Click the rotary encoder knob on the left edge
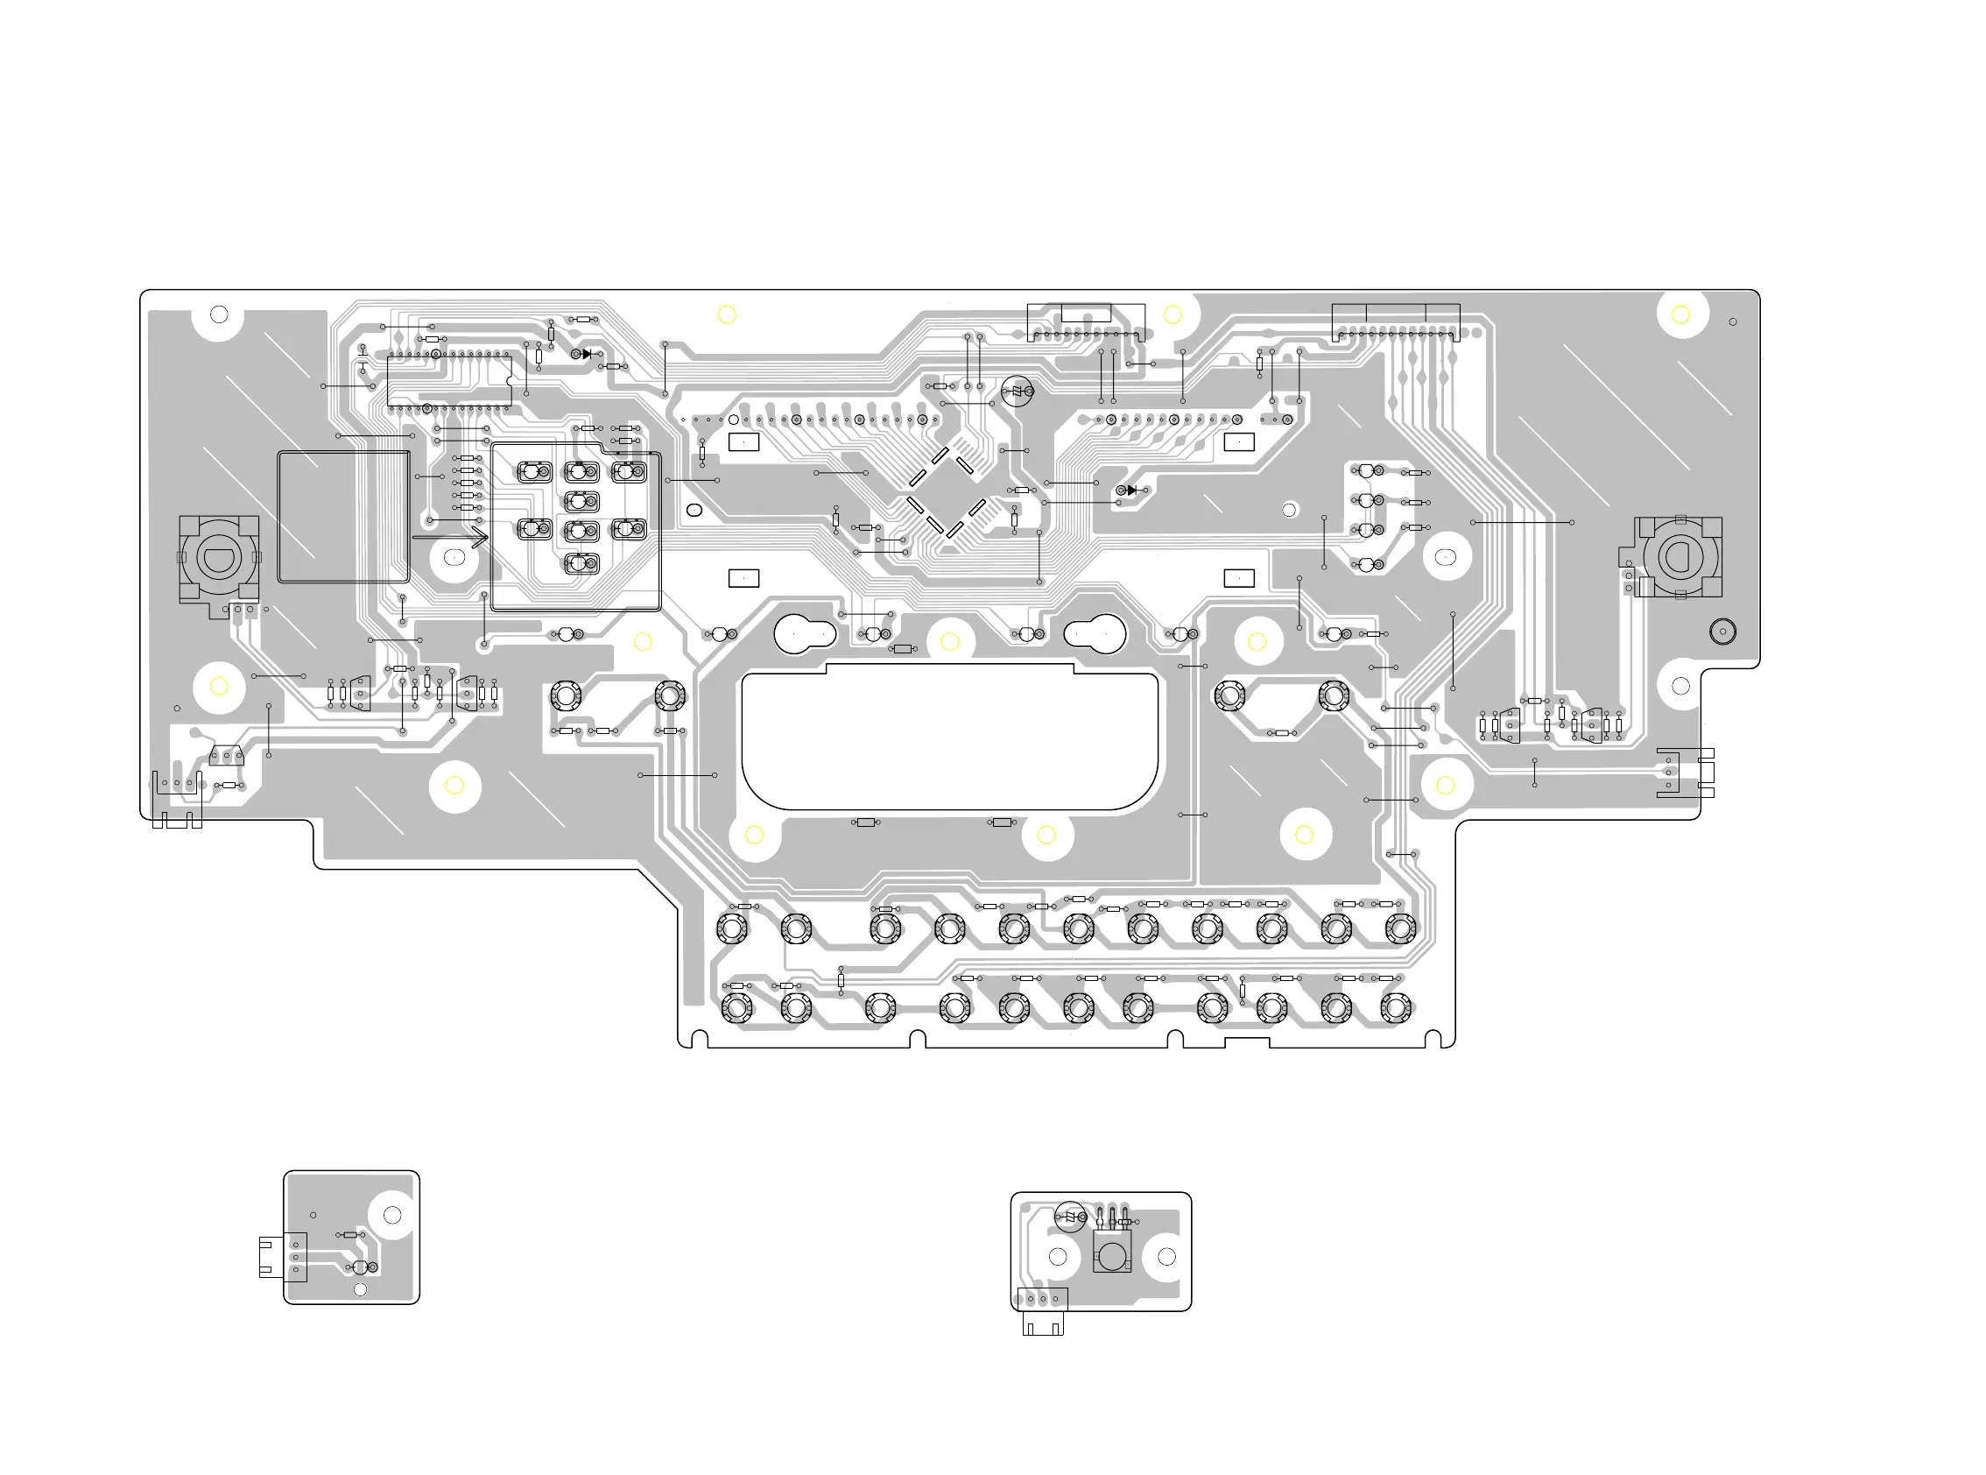click(x=219, y=559)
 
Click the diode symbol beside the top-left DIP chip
click(x=585, y=355)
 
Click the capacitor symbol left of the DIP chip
click(x=363, y=358)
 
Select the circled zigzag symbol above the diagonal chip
click(x=1017, y=391)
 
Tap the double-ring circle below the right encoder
click(x=1722, y=632)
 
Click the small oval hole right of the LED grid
click(x=694, y=510)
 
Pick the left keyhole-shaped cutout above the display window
click(x=803, y=634)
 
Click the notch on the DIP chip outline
click(x=510, y=381)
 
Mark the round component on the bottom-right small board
click(x=1111, y=1256)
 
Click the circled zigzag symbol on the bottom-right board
click(x=1070, y=1216)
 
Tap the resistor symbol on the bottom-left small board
click(x=351, y=1235)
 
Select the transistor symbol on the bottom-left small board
click(x=363, y=1267)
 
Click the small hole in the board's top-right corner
click(x=1733, y=321)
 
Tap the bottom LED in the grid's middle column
click(x=581, y=563)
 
